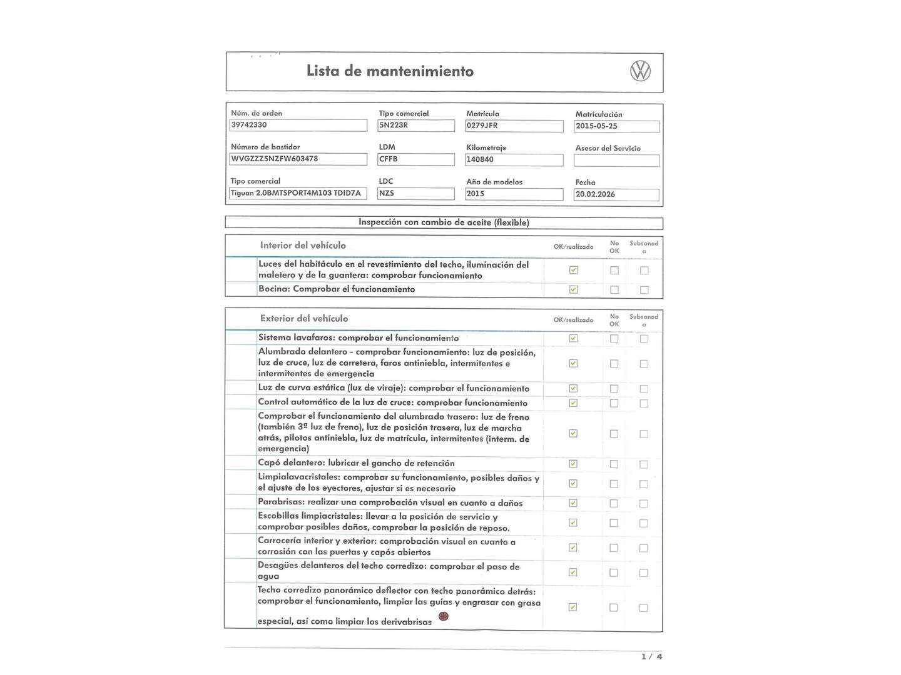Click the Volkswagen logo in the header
point(640,71)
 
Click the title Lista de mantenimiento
point(390,71)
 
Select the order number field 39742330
point(298,125)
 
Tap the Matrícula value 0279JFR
point(514,126)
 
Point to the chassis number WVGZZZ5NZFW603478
point(298,159)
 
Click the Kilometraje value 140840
point(514,159)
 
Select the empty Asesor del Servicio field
point(616,161)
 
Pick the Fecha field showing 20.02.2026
point(616,194)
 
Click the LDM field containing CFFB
point(416,159)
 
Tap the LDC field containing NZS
point(416,194)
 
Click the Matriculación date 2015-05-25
point(616,126)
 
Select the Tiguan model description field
point(298,193)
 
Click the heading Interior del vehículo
point(303,246)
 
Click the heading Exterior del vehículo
point(304,319)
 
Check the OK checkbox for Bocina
point(573,289)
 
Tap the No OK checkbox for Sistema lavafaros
point(614,339)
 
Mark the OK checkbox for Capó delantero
point(573,464)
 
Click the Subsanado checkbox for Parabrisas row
point(644,504)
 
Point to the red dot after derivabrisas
point(444,616)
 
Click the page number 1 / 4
point(651,656)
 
